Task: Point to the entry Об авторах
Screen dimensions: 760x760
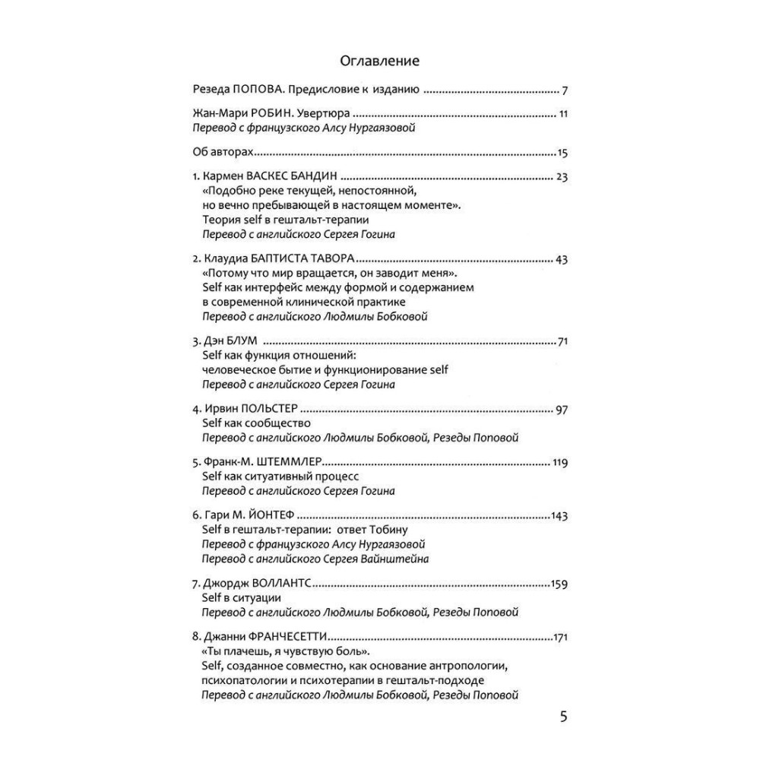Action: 220,152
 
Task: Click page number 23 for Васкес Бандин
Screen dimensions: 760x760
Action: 562,177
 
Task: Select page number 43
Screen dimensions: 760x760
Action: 562,259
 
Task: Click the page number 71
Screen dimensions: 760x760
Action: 563,341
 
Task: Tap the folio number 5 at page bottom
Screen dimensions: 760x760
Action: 563,716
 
